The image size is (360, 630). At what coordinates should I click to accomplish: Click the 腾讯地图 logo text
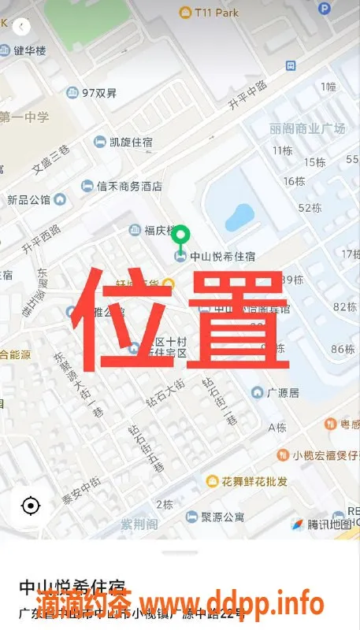click(x=328, y=524)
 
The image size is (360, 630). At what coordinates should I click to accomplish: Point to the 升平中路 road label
click(x=247, y=94)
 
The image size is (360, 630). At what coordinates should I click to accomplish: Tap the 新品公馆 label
click(x=29, y=200)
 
